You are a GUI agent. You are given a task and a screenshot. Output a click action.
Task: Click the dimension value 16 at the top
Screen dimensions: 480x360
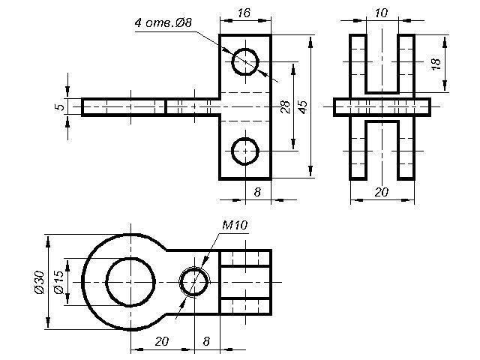point(244,13)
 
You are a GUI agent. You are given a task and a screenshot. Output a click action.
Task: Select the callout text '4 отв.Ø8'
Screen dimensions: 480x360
point(163,23)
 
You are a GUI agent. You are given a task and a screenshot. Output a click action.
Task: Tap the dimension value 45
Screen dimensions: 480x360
point(303,106)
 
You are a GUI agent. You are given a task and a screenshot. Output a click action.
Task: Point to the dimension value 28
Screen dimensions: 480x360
point(285,106)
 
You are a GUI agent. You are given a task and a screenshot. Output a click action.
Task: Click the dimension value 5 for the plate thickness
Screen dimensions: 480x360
point(61,106)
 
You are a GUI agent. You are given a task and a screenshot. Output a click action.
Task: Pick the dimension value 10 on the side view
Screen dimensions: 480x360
point(381,13)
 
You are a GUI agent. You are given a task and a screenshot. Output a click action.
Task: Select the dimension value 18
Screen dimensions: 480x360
point(436,64)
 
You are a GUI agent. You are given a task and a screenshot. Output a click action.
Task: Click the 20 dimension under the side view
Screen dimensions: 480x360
point(382,192)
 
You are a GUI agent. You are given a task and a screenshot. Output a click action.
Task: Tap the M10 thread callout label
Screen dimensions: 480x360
point(235,226)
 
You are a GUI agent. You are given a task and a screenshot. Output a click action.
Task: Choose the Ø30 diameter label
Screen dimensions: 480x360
point(40,282)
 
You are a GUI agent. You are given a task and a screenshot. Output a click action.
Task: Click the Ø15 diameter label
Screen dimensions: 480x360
point(58,282)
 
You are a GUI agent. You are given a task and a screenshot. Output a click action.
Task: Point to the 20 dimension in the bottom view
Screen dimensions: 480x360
point(162,341)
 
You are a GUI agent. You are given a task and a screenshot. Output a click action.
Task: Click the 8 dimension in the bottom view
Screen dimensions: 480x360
point(207,341)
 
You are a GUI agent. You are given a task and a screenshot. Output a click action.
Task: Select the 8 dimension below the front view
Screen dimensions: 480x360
point(257,192)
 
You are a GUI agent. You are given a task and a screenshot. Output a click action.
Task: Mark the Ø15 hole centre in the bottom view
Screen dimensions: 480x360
point(130,282)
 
